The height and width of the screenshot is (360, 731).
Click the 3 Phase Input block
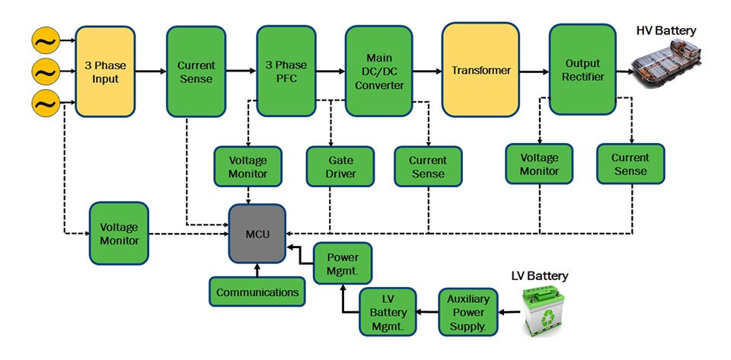click(x=105, y=71)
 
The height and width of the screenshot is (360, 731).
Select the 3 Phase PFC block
click(x=286, y=71)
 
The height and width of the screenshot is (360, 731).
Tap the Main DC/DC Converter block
click(x=374, y=71)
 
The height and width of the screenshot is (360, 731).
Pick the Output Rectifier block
click(x=583, y=70)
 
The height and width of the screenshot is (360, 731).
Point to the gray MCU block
click(x=257, y=234)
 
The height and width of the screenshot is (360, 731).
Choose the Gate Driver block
click(x=331, y=165)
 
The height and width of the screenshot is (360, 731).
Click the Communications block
click(x=257, y=292)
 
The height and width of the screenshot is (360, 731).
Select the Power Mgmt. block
click(x=343, y=263)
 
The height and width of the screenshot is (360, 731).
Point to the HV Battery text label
click(x=666, y=30)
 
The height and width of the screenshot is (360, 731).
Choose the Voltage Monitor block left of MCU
click(x=118, y=234)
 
